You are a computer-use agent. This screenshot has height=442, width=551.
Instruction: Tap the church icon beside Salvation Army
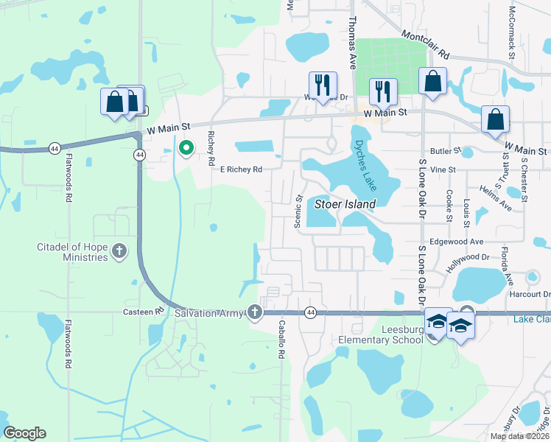coord(255,312)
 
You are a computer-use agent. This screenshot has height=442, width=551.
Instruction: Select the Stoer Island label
coord(345,203)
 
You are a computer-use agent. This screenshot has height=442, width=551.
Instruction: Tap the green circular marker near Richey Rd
coord(186,149)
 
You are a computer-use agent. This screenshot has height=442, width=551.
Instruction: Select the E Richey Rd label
coord(242,169)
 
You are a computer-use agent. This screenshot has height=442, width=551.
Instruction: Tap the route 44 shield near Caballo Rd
coord(310,312)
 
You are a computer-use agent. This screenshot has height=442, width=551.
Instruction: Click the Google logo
coord(25,433)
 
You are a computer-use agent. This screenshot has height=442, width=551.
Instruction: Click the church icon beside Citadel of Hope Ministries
coord(119,253)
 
